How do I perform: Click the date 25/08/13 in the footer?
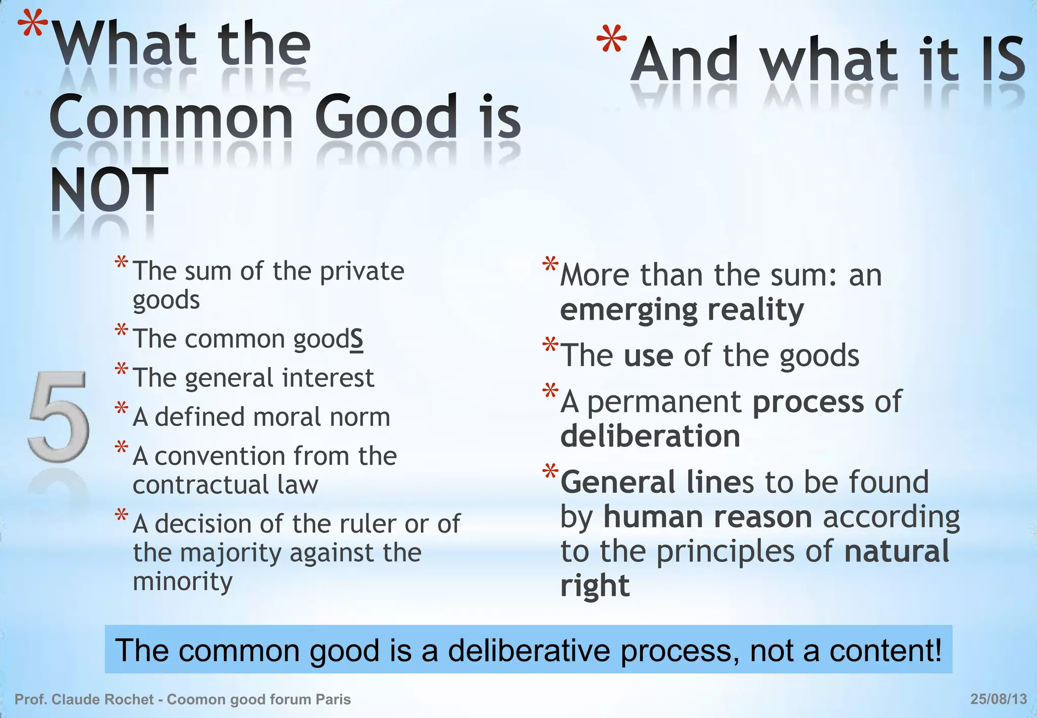coord(999,699)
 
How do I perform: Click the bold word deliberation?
coord(650,436)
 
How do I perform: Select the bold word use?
coord(648,355)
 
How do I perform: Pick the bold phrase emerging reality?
coord(682,309)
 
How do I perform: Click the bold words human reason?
coord(707,517)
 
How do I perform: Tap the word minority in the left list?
coord(182,581)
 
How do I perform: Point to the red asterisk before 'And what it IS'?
coord(612,41)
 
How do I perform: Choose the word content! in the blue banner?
coord(886,650)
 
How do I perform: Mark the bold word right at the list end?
coord(595,586)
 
